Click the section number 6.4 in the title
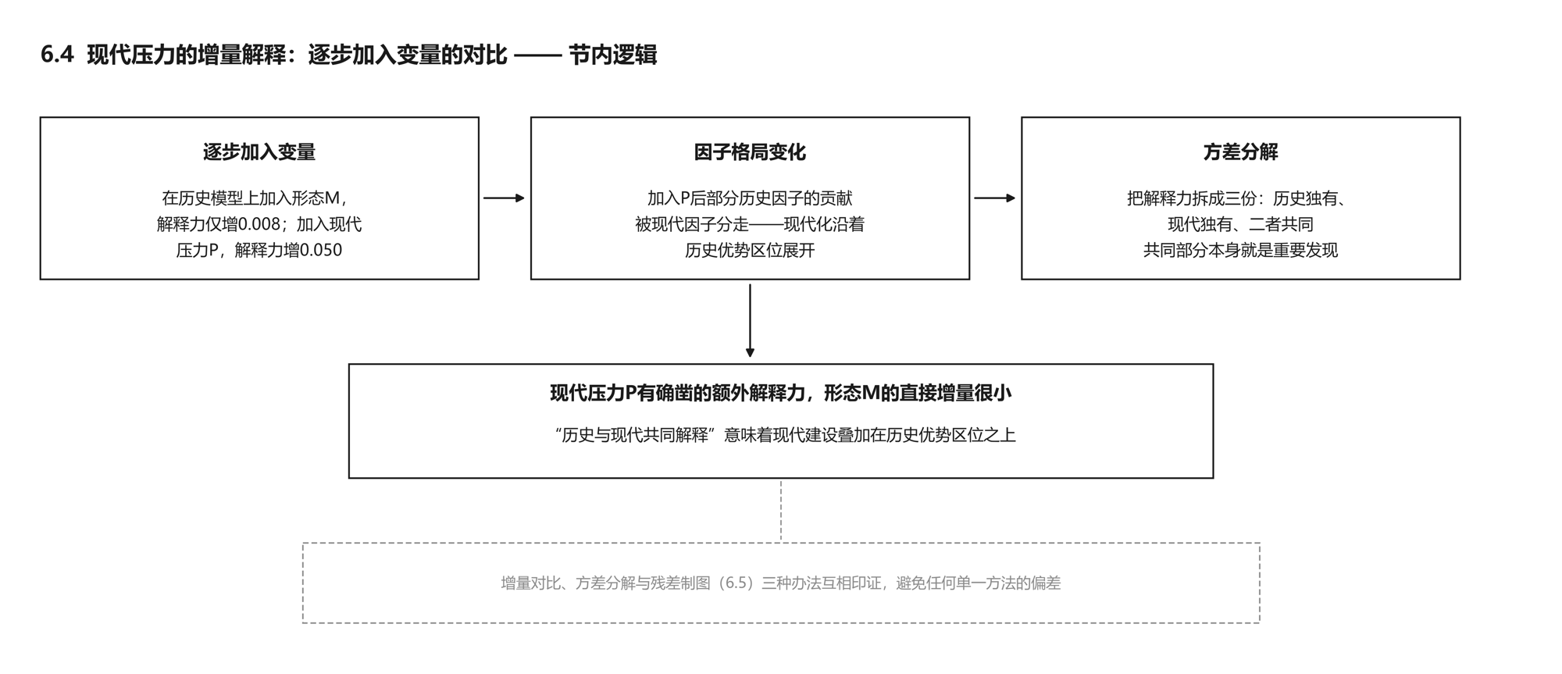click(x=57, y=55)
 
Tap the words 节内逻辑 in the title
click(x=613, y=55)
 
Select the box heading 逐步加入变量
click(x=259, y=152)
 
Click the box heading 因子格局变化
click(x=750, y=152)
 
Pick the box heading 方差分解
click(x=1240, y=152)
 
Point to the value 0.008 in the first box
click(x=259, y=224)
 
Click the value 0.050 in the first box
click(x=321, y=250)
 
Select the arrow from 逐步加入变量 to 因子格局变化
click(x=505, y=198)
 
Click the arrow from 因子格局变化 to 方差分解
click(x=995, y=198)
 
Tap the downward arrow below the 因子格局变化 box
click(x=750, y=320)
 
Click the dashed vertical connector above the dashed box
click(x=781, y=511)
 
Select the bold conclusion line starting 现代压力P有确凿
click(x=781, y=393)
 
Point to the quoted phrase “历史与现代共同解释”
click(x=635, y=435)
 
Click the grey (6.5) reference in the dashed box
click(x=737, y=583)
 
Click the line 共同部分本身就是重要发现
click(x=1240, y=250)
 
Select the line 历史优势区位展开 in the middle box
click(x=750, y=250)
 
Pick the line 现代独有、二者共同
click(x=1240, y=224)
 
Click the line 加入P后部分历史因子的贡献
click(x=750, y=198)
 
